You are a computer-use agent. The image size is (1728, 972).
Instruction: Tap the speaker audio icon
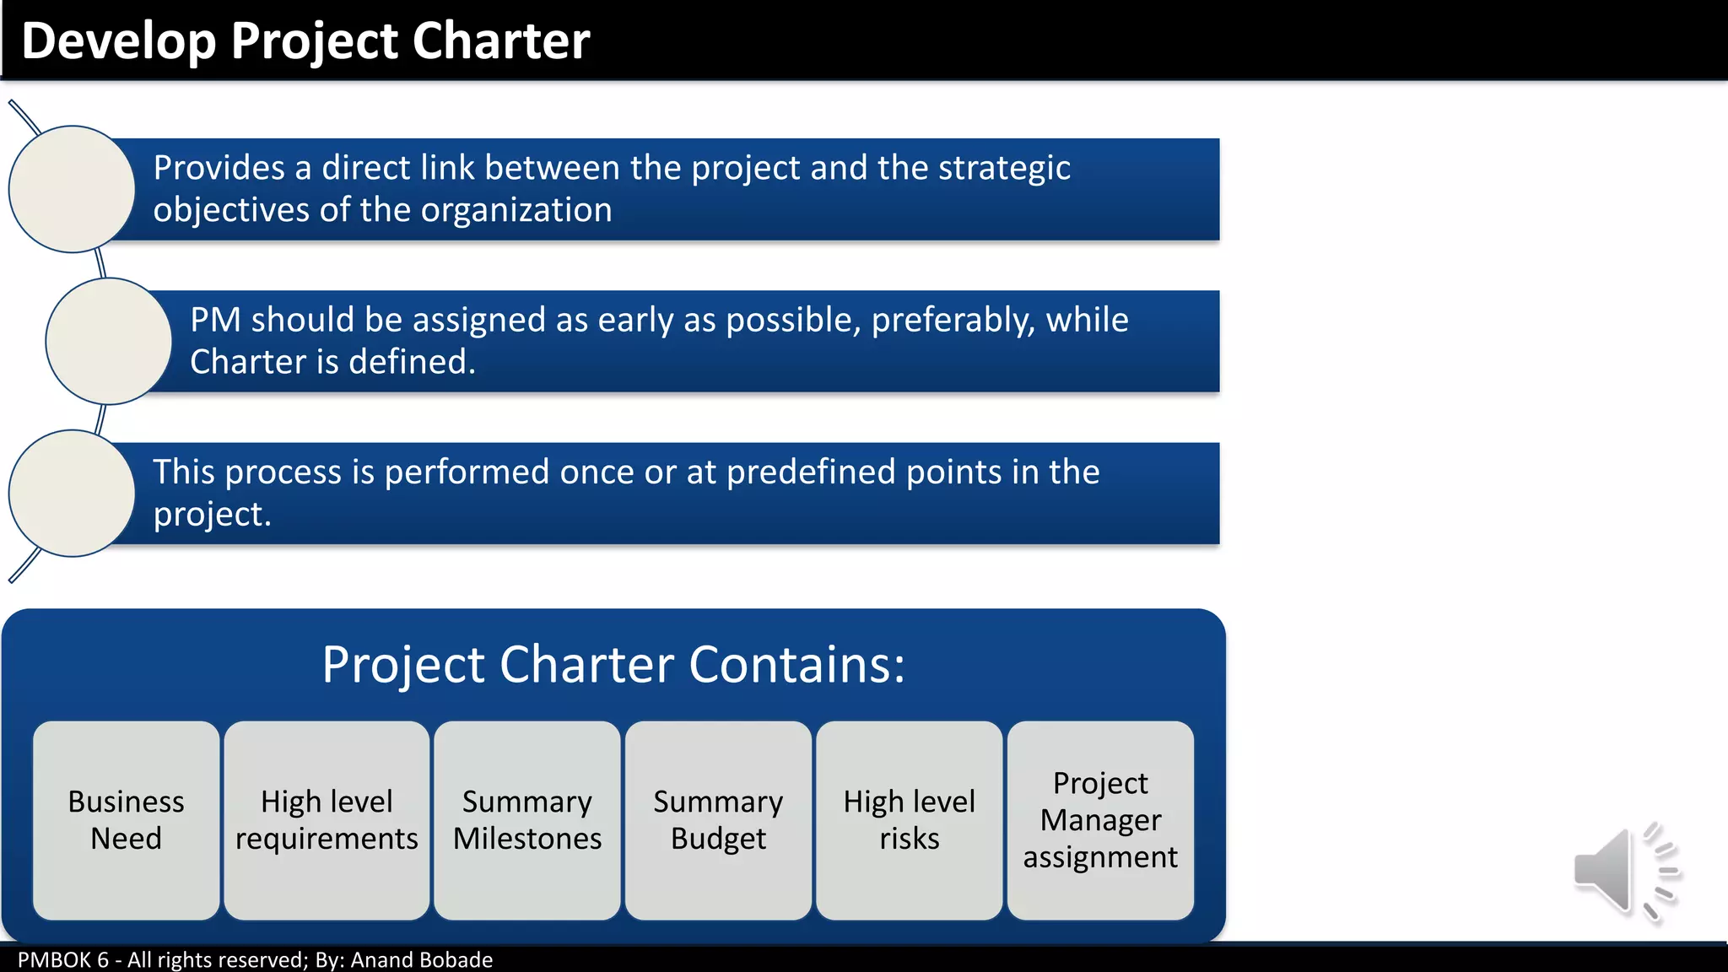(x=1626, y=871)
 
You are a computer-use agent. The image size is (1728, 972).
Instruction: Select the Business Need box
(x=127, y=820)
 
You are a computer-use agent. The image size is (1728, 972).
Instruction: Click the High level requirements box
(x=327, y=820)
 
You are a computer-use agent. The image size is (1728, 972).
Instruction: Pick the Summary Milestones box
(x=527, y=820)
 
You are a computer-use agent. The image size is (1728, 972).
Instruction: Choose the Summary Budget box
(x=718, y=820)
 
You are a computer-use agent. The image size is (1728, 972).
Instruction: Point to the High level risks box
(x=909, y=820)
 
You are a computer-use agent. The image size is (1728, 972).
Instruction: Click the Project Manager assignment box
(x=1100, y=820)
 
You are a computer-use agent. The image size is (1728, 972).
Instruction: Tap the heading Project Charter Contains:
(x=613, y=665)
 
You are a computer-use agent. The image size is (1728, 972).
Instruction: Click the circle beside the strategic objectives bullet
(x=72, y=189)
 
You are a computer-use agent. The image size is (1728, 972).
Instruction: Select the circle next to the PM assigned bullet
(x=109, y=341)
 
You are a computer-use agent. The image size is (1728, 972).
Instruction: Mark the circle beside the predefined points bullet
(x=72, y=494)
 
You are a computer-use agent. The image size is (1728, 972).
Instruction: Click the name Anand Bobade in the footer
(x=421, y=960)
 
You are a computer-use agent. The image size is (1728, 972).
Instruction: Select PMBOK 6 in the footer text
(x=63, y=960)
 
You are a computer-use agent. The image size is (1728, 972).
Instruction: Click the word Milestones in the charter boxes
(x=527, y=839)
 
